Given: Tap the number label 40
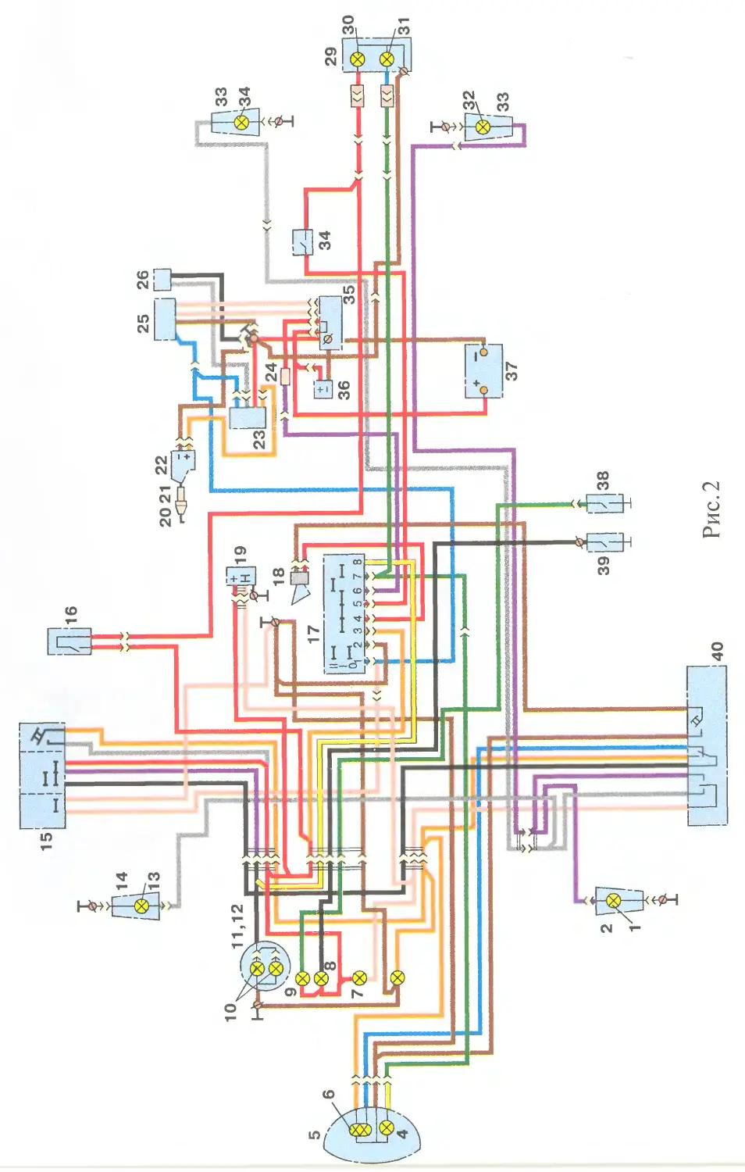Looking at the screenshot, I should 717,650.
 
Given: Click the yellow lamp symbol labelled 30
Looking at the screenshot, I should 358,60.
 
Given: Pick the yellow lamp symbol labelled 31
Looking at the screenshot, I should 386,60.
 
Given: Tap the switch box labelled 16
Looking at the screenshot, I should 70,641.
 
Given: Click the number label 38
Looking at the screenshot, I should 603,480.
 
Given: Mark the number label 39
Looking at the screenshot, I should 604,565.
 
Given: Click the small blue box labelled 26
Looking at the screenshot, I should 162,280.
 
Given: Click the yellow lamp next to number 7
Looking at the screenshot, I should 359,977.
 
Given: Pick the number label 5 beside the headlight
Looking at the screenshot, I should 315,1134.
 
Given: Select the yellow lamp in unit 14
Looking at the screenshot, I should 141,906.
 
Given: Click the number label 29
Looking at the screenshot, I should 331,57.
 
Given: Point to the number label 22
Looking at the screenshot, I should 162,465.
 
